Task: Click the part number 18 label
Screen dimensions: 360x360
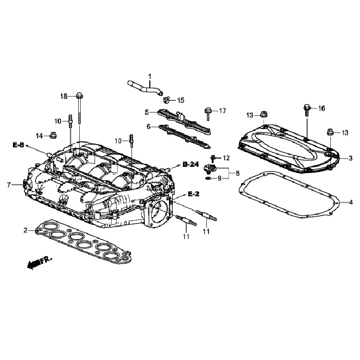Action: point(64,96)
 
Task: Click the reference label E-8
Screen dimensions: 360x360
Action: point(18,145)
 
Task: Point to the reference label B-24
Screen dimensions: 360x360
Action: point(191,164)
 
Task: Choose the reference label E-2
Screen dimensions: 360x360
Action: point(193,194)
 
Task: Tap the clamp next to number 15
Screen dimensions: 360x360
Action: point(166,100)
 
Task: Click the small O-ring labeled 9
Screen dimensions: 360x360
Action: point(208,179)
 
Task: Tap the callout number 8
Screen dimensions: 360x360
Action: point(238,173)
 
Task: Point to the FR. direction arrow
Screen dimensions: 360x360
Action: point(39,262)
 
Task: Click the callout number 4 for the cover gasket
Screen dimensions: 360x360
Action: point(350,202)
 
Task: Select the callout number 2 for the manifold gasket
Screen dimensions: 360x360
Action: point(25,230)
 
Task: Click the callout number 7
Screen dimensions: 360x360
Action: point(9,185)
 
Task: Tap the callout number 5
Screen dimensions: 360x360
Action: point(147,112)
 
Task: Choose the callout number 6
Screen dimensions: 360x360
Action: point(148,127)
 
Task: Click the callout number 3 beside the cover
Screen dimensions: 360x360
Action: point(350,158)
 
